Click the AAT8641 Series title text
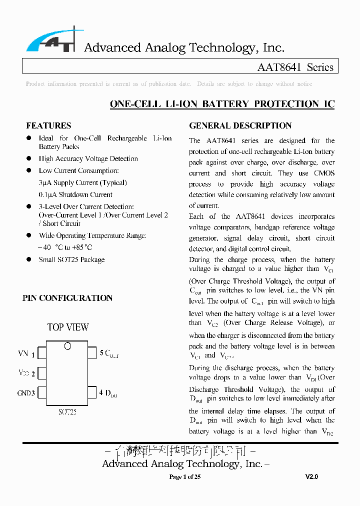tap(295, 67)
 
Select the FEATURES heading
tap(48, 126)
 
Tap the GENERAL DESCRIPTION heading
tap(240, 126)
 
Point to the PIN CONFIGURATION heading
tap(67, 298)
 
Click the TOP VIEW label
tap(68, 327)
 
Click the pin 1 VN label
tap(26, 354)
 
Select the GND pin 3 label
tap(26, 393)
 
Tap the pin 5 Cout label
tap(109, 353)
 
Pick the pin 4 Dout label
tap(108, 393)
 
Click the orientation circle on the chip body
tap(67, 346)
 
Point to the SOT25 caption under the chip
tap(67, 412)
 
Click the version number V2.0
tap(311, 477)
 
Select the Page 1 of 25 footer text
tap(185, 477)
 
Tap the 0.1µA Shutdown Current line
tap(75, 194)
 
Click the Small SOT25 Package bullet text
tap(72, 259)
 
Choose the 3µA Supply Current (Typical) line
tap(82, 182)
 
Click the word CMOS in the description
tap(323, 173)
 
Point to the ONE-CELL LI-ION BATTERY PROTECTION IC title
tap(222, 104)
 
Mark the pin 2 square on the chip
tap(42, 373)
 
